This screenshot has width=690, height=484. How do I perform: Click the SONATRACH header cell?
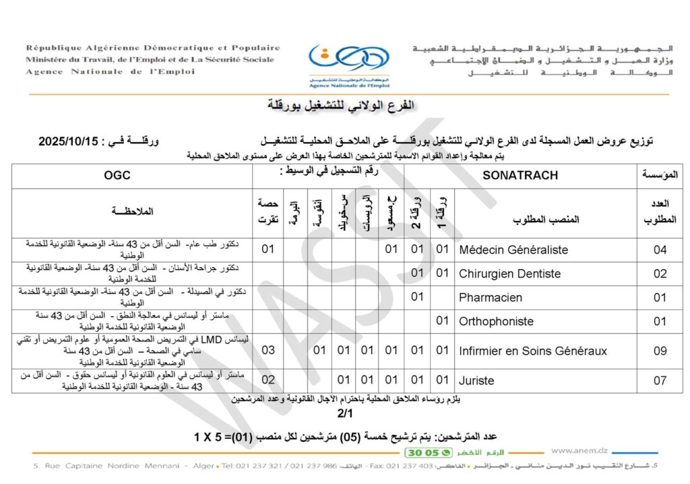521,175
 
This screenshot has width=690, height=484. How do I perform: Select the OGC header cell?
117,175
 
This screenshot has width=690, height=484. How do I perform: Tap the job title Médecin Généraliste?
513,250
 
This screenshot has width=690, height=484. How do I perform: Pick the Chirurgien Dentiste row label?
509,273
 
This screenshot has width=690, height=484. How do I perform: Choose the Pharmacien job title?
491,297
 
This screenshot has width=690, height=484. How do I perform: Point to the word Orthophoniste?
496,321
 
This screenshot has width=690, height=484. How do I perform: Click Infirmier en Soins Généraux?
533,351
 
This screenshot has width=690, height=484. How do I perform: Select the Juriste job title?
476,380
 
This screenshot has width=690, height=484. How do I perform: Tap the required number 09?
660,351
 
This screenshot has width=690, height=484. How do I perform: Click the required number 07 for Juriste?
660,380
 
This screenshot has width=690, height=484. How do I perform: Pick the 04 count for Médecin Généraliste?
660,250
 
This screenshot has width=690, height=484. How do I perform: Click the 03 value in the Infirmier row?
268,351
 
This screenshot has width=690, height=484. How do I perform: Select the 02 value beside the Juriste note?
268,380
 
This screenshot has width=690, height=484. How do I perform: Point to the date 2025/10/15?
69,141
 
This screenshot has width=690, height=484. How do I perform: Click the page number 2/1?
344,412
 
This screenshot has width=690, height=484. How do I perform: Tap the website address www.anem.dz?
579,451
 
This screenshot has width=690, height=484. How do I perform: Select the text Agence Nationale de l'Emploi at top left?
111,72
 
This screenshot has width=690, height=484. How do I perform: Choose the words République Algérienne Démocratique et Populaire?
153,48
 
